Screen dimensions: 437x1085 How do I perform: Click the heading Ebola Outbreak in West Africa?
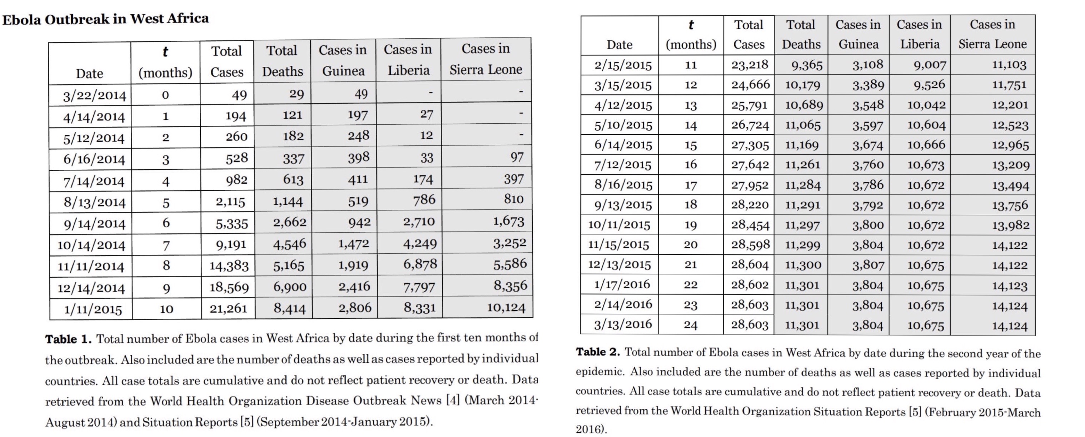[x=105, y=19]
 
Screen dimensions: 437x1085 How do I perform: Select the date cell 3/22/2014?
[x=94, y=96]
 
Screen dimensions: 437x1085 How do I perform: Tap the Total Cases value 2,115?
[x=230, y=202]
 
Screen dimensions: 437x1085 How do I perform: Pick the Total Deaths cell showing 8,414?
[x=289, y=308]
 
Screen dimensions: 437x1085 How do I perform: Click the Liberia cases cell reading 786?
[x=424, y=200]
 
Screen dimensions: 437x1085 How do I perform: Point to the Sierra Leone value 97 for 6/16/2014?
[x=517, y=157]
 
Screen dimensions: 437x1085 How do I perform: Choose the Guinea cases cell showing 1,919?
[x=353, y=265]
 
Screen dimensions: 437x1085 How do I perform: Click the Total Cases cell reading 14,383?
[x=229, y=265]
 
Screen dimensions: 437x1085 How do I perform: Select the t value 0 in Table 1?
[x=165, y=95]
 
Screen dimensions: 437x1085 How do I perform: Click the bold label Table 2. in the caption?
[x=598, y=352]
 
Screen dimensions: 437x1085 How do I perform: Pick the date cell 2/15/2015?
[x=623, y=65]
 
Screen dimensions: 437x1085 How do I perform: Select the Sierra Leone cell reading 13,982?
[x=1010, y=225]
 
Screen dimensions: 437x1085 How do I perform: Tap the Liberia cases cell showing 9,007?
[x=930, y=65]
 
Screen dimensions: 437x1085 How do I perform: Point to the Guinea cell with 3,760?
[x=868, y=165]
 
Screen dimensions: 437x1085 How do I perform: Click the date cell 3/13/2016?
[x=623, y=324]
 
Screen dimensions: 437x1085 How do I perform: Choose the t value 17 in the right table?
[x=690, y=185]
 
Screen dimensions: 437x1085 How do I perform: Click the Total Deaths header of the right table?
[x=801, y=35]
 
